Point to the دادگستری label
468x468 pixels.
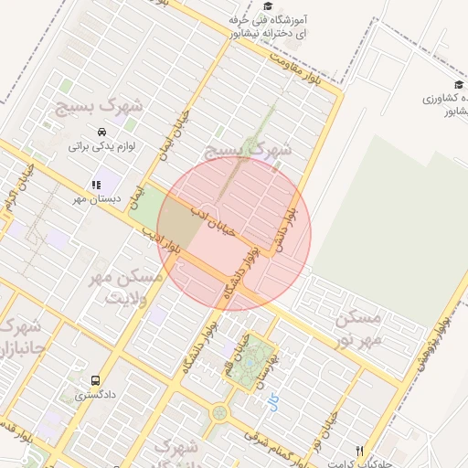point(95,396)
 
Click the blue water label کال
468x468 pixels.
point(273,399)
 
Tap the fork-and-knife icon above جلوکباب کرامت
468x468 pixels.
point(359,451)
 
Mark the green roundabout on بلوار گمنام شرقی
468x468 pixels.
point(218,414)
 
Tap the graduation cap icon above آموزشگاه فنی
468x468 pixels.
point(267,5)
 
